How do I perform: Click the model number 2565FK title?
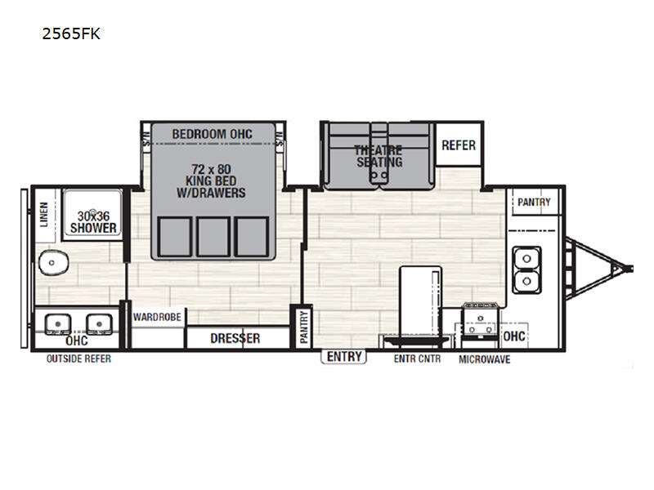(x=71, y=33)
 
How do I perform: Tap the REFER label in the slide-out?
(x=459, y=145)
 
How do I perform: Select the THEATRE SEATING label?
(x=379, y=156)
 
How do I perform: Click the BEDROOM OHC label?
(x=212, y=134)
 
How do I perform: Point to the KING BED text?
(x=211, y=180)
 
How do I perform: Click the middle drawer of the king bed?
(x=213, y=237)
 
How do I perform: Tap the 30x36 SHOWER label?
(x=93, y=222)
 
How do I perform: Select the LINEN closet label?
(x=44, y=215)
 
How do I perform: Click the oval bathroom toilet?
(x=53, y=263)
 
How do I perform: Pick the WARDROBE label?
(x=157, y=317)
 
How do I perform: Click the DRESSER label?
(x=235, y=338)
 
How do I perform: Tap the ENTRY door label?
(x=344, y=357)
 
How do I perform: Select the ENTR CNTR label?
(x=417, y=359)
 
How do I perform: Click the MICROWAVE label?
(x=484, y=359)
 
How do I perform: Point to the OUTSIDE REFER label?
(x=78, y=359)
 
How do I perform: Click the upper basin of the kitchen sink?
(x=526, y=259)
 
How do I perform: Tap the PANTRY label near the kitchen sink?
(x=534, y=202)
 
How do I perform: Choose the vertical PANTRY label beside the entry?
(x=304, y=327)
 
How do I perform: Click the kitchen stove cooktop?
(x=481, y=322)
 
